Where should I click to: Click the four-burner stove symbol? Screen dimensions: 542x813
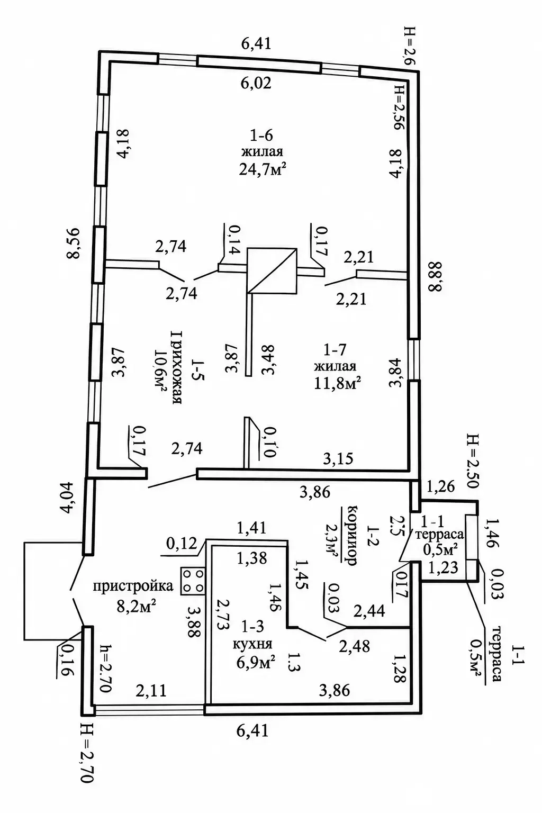(x=193, y=581)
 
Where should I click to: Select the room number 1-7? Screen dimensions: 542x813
(x=335, y=349)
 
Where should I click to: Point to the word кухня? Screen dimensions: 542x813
(x=252, y=644)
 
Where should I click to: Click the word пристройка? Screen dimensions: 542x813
(x=133, y=586)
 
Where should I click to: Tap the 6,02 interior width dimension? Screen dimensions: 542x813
(x=256, y=83)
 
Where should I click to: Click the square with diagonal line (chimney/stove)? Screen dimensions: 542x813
(x=272, y=271)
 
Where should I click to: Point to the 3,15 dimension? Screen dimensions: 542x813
(x=338, y=459)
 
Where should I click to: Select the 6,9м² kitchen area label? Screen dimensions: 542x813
(x=256, y=663)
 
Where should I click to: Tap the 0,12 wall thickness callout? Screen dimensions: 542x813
(x=182, y=544)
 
